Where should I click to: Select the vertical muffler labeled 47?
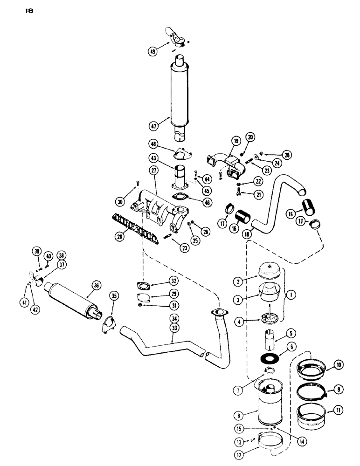click(x=181, y=93)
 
